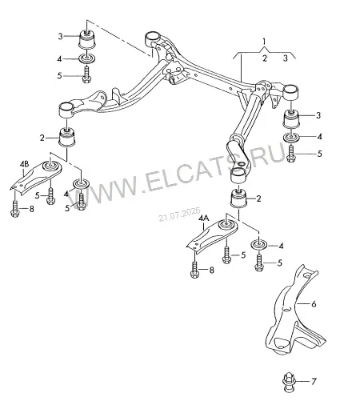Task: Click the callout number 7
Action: [314, 382]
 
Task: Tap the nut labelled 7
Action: [288, 383]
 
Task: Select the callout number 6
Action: [314, 304]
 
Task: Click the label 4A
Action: [204, 219]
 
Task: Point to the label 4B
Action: [24, 164]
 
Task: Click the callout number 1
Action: [264, 42]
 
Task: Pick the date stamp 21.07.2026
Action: [179, 215]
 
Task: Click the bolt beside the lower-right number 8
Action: [194, 270]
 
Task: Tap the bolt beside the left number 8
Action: [15, 209]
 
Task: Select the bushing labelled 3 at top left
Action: [87, 40]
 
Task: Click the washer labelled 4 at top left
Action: [87, 58]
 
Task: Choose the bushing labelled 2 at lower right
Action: [239, 198]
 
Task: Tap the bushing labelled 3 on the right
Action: [291, 119]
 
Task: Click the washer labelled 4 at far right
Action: [291, 138]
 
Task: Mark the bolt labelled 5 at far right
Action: [290, 153]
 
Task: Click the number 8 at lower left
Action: [32, 209]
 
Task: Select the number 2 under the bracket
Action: [265, 58]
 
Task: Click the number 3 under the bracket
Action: [286, 58]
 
